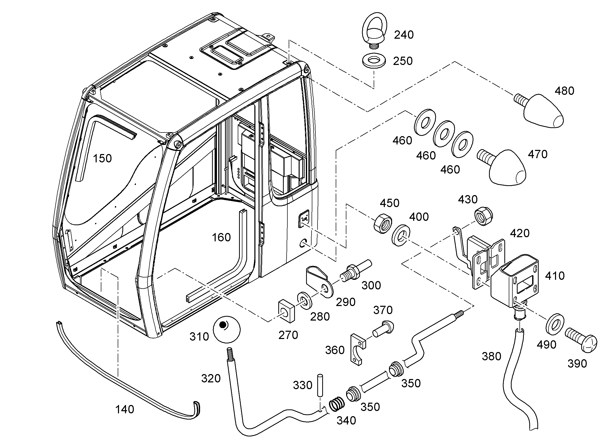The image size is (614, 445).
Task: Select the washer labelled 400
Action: click(x=401, y=235)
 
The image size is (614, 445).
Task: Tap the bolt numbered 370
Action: click(x=383, y=329)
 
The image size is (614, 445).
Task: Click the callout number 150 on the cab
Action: click(x=102, y=158)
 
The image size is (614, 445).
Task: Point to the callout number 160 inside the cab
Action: click(x=221, y=237)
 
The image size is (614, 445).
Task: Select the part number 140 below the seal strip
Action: click(x=124, y=409)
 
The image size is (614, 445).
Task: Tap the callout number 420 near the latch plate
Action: click(x=520, y=233)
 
